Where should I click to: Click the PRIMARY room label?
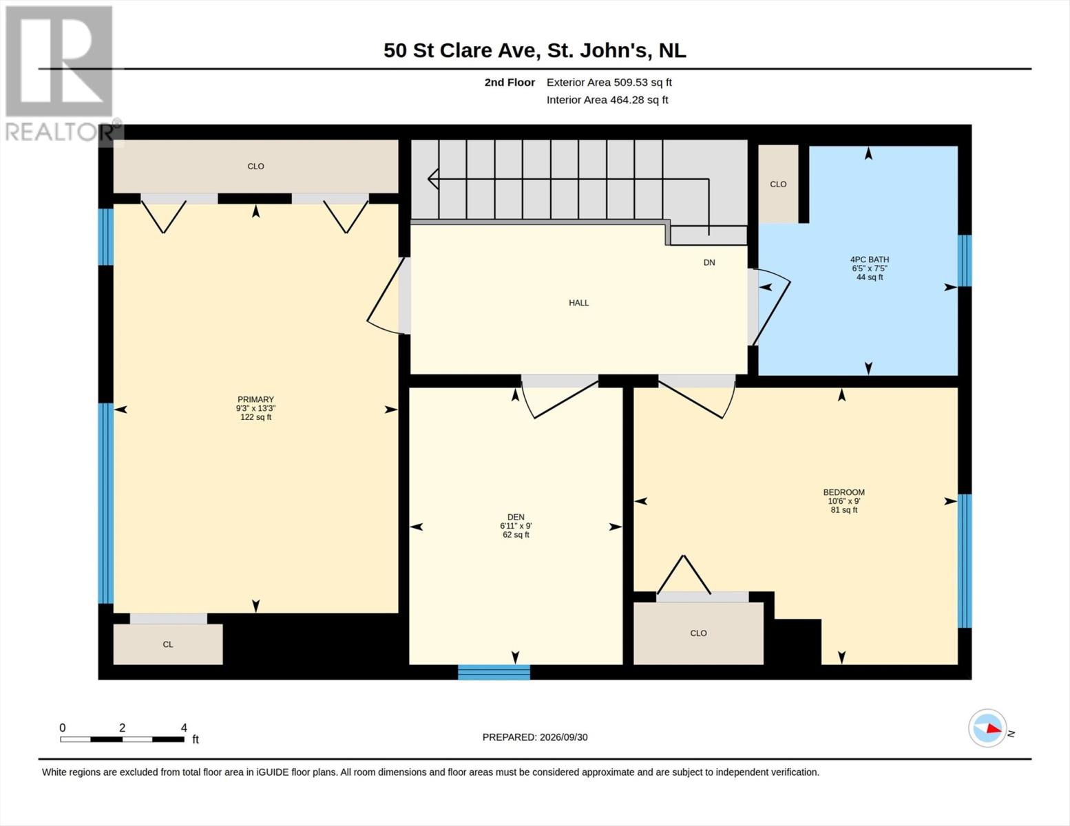255,399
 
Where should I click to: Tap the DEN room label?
516,517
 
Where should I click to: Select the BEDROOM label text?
844,492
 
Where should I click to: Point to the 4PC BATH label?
870,260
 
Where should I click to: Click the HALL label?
578,303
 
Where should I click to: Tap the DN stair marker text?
709,262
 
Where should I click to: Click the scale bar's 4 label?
184,728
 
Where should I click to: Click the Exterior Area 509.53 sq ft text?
609,82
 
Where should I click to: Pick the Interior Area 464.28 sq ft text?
607,100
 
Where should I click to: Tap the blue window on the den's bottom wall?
494,672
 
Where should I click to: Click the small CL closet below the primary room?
168,644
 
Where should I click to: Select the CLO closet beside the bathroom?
778,184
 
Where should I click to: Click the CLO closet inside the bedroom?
698,633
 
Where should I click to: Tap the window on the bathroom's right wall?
965,260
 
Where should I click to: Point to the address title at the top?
535,50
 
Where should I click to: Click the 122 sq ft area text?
255,417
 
